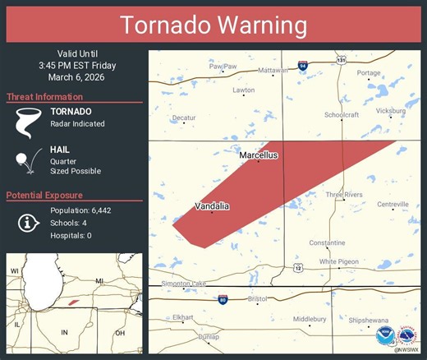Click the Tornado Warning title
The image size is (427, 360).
[x=213, y=25]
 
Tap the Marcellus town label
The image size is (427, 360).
[x=258, y=155]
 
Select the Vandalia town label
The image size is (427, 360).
[x=211, y=205]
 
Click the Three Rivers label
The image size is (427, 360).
[x=344, y=195]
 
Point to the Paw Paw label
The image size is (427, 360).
[x=222, y=67]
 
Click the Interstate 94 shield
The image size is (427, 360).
[x=302, y=64]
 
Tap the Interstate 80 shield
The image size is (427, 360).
[x=223, y=298]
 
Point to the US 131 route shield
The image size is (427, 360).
[x=340, y=58]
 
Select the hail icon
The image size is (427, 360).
[x=27, y=163]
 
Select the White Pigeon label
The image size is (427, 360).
[x=340, y=261]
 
